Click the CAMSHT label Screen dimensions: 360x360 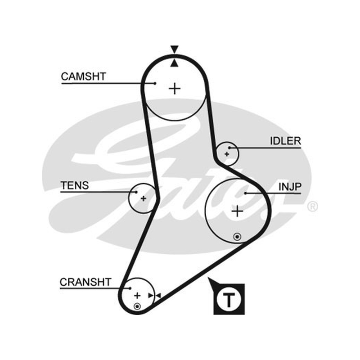click(83, 76)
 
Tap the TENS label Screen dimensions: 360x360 click(75, 185)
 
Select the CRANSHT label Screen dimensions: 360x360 click(85, 282)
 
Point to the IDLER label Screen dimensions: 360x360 click(285, 141)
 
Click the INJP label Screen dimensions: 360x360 click(290, 187)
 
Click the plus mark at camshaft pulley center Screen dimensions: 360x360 click(175, 89)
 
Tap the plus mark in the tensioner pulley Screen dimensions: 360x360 click(143, 198)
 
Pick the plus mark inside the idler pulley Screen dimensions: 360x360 click(227, 154)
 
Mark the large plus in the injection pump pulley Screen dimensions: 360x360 click(237, 211)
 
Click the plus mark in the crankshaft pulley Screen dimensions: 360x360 click(137, 296)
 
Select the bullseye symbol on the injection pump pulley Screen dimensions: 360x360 click(237, 237)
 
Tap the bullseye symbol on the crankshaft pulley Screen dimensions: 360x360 click(137, 306)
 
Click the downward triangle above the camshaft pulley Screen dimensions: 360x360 click(174, 49)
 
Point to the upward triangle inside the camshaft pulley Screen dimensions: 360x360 click(175, 63)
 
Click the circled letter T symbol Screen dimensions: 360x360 click(229, 299)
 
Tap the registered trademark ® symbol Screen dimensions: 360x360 click(312, 207)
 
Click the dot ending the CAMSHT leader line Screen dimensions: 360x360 click(155, 83)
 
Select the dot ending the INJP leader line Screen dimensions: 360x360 click(245, 193)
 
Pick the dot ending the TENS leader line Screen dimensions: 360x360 click(136, 192)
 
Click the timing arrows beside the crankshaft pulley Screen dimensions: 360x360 click(154, 296)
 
